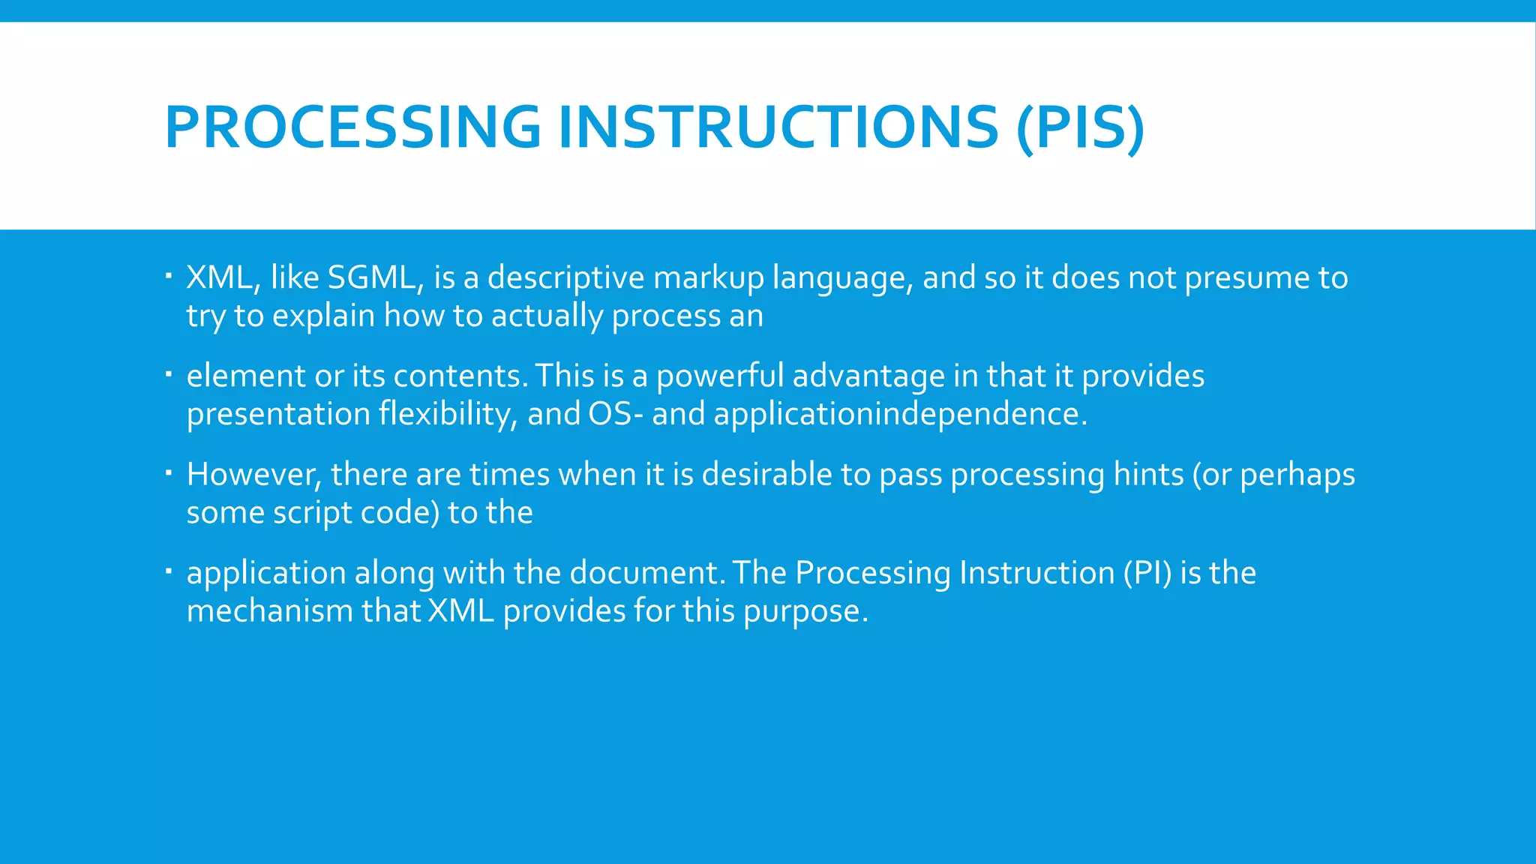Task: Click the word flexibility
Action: [x=447, y=414]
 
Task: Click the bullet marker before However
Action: [x=169, y=472]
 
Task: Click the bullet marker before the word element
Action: [x=169, y=373]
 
